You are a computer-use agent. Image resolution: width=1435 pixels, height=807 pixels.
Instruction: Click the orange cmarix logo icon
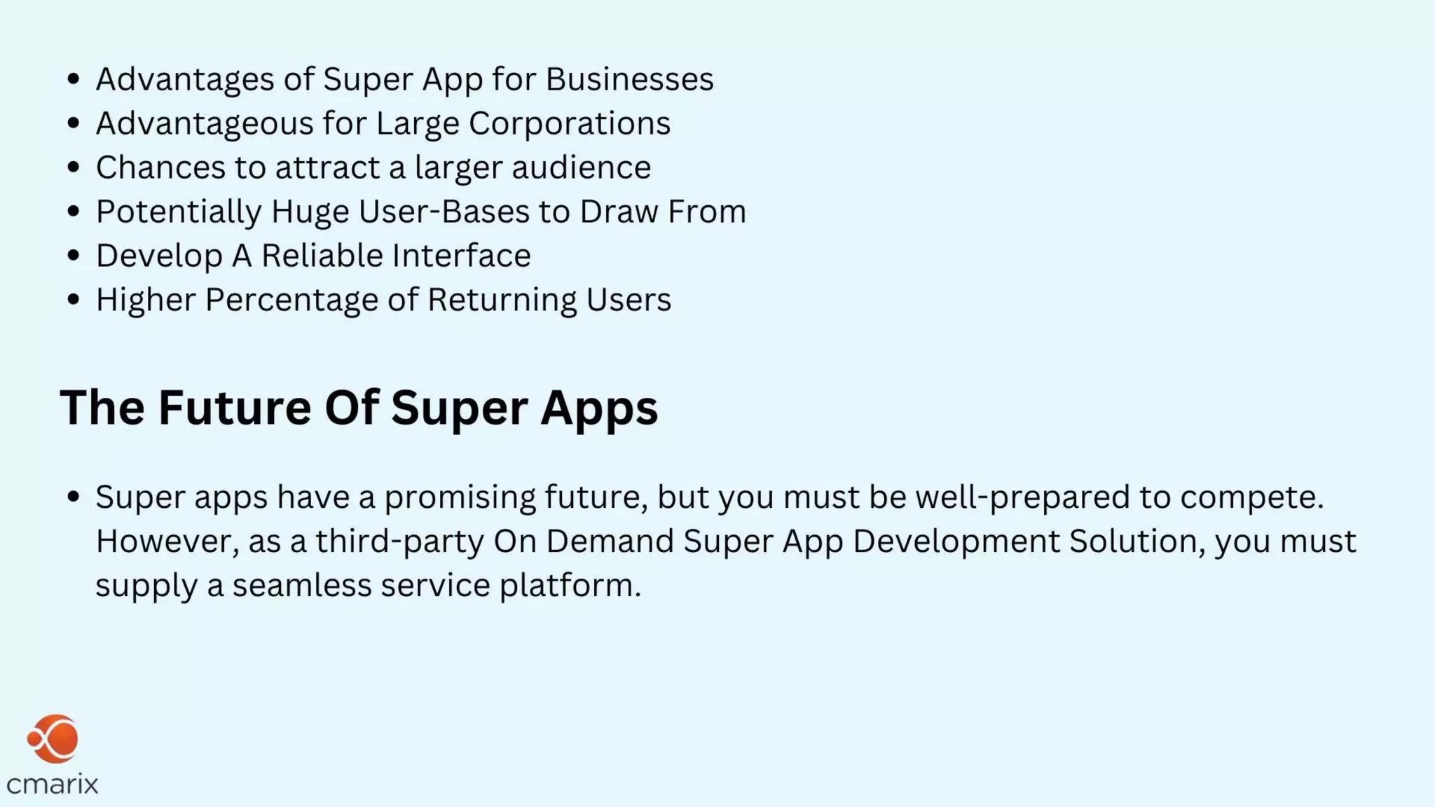(x=53, y=739)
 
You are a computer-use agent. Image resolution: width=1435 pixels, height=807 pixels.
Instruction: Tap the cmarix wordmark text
(x=53, y=784)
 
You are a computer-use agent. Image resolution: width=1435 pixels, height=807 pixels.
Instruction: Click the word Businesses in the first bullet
(x=629, y=79)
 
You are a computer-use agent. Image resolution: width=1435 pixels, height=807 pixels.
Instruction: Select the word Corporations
(x=569, y=123)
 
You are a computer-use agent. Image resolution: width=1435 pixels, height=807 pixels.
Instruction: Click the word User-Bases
(x=444, y=212)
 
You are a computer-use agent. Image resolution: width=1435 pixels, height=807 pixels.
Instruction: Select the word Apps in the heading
(x=599, y=408)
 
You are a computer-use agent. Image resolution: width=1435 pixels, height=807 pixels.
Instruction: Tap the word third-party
(x=399, y=542)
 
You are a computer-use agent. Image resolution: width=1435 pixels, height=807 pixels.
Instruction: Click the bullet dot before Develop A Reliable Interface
(x=74, y=256)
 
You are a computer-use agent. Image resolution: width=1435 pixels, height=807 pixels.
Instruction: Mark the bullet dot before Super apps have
(x=74, y=497)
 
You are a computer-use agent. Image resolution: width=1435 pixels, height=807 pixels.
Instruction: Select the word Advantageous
(x=204, y=123)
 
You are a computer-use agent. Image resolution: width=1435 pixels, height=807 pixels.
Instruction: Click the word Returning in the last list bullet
(x=502, y=300)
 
